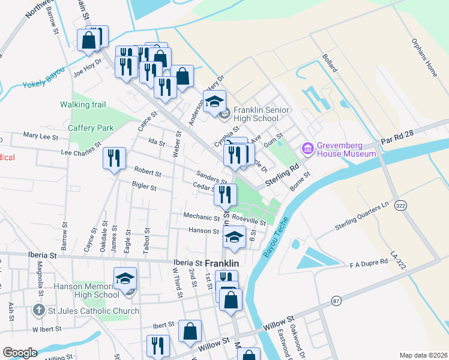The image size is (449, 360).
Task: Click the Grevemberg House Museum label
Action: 348,149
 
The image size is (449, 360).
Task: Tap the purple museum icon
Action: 309,148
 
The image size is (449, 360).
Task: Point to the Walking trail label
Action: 83,104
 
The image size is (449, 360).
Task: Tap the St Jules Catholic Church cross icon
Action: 38,310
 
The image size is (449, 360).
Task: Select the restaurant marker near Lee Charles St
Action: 114,158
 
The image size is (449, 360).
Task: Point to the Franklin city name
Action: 222,263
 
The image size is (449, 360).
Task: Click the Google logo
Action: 20,352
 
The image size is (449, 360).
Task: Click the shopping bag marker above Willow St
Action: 190,331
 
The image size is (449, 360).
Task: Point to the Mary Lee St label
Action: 41,136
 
